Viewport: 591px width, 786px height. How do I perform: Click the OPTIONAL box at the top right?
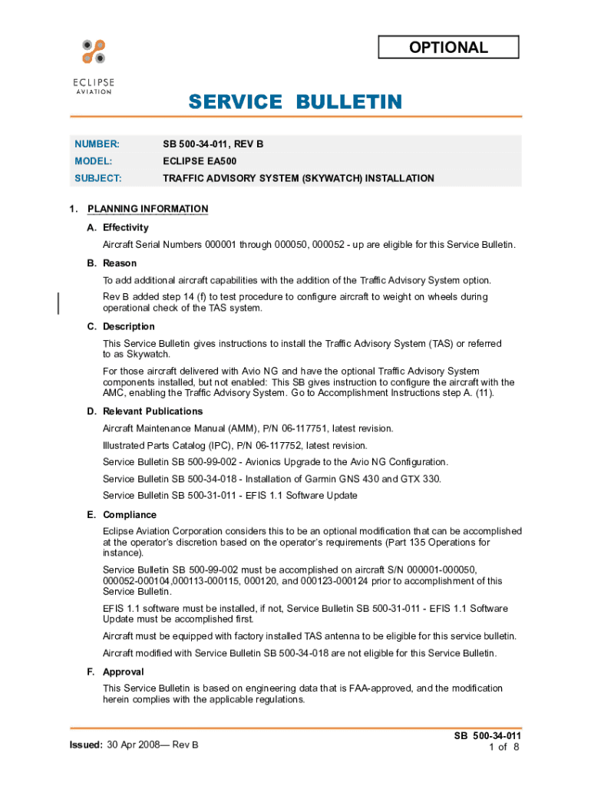[x=448, y=48]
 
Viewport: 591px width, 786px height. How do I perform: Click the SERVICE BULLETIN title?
[x=295, y=102]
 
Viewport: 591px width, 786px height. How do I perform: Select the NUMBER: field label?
[x=97, y=144]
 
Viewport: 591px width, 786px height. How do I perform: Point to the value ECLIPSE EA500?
[x=199, y=161]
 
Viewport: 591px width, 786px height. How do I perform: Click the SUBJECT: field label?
[x=98, y=178]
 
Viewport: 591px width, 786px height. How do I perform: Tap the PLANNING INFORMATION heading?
[x=147, y=209]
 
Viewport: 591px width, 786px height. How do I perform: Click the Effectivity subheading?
[x=125, y=227]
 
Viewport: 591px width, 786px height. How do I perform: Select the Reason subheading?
[x=120, y=263]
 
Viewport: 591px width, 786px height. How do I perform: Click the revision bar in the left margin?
[x=58, y=302]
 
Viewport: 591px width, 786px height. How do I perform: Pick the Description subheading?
[x=128, y=326]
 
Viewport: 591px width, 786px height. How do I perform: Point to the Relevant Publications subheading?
[x=154, y=411]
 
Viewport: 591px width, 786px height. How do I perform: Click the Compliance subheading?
[x=129, y=514]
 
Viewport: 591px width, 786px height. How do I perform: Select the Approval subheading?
[x=123, y=672]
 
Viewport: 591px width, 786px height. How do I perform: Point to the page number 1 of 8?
[x=504, y=747]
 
